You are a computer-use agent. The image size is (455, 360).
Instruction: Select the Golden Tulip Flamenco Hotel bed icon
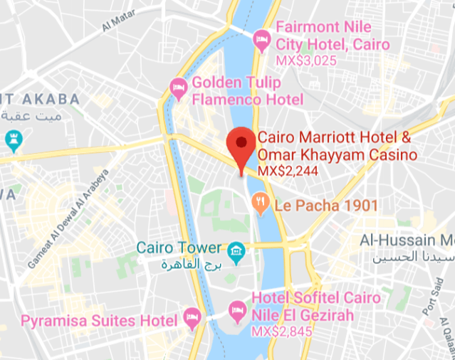click(x=178, y=88)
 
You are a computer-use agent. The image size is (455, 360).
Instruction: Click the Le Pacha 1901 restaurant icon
click(x=261, y=206)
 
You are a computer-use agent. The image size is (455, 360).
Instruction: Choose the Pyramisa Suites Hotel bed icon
click(x=190, y=317)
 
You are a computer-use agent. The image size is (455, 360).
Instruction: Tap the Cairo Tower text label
click(x=179, y=248)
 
